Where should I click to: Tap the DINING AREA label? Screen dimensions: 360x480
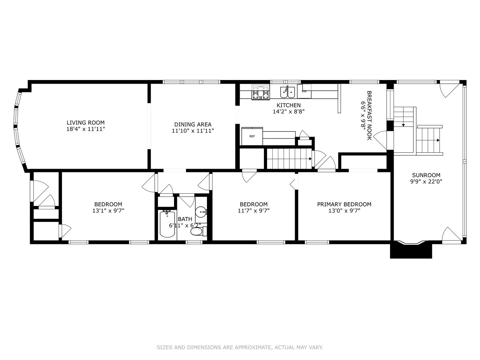coord(193,125)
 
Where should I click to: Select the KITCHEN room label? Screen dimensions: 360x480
coord(288,105)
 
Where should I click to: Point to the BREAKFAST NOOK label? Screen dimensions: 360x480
coord(369,115)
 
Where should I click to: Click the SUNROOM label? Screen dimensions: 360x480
coord(426,175)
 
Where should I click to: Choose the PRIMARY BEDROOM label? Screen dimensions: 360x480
coord(344,204)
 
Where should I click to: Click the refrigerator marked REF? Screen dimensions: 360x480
coord(252,136)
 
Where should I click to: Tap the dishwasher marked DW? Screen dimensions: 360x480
coord(304,91)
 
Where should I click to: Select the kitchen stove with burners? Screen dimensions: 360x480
coord(261,92)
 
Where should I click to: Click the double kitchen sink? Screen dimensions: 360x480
coord(287,92)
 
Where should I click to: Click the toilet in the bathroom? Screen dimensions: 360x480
coord(197,231)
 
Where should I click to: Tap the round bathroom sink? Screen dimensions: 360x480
coord(201,211)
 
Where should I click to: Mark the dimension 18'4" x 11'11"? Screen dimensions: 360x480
coord(86,129)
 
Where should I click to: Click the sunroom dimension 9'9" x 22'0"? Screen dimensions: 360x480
coord(426,182)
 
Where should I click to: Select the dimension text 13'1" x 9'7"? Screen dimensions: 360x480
coord(108,211)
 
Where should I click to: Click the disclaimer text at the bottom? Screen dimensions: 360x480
coord(240,347)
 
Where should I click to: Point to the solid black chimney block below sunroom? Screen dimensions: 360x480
coord(411,251)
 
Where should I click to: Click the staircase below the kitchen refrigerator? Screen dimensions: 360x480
coord(289,159)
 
